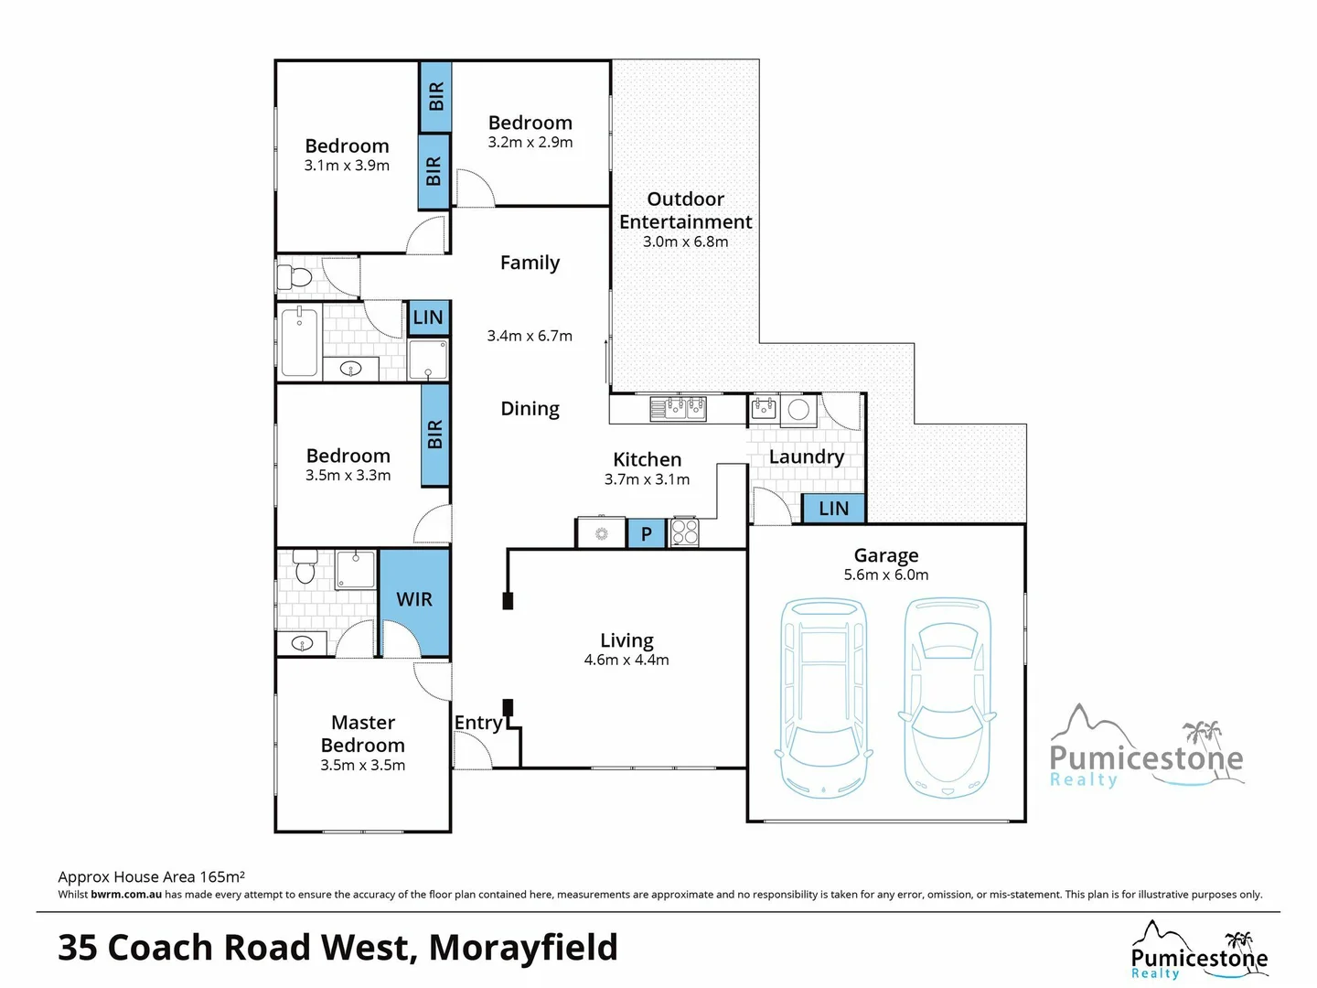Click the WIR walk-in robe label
point(414,599)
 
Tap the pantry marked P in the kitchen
point(647,534)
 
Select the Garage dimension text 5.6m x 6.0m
point(885,575)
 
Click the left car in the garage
point(823,697)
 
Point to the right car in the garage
point(948,697)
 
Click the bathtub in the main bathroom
point(299,342)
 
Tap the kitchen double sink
point(678,407)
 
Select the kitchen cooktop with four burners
point(685,532)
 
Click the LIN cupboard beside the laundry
point(833,509)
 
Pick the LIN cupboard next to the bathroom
point(428,317)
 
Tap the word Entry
point(478,723)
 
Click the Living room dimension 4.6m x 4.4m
point(626,660)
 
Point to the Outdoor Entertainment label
point(685,210)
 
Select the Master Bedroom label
point(363,734)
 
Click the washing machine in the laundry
point(798,409)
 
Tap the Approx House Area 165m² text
point(151,876)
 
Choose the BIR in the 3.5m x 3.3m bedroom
point(435,435)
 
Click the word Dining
point(530,409)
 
